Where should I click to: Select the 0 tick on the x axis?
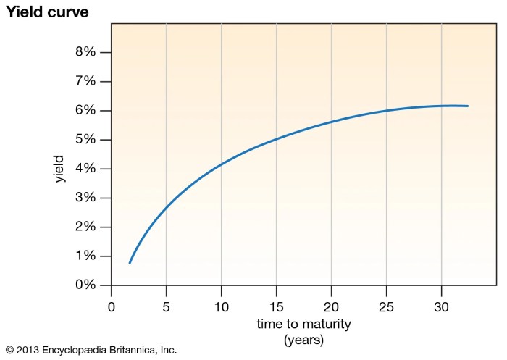(x=112, y=306)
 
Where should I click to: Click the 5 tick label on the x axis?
(x=167, y=306)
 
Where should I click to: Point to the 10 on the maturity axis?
(x=222, y=306)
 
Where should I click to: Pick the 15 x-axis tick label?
(x=277, y=306)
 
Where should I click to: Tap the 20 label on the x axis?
(x=332, y=306)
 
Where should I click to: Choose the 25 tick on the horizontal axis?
(x=387, y=306)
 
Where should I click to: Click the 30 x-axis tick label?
(x=442, y=306)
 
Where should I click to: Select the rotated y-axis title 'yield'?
(x=60, y=169)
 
